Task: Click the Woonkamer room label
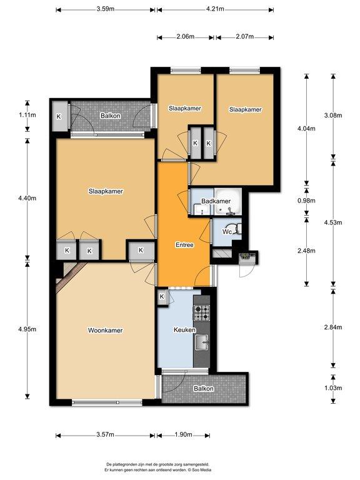[x=105, y=330]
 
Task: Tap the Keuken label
[x=184, y=330]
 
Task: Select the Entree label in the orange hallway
[x=184, y=245]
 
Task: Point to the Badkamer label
[x=216, y=201]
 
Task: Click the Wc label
[x=227, y=232]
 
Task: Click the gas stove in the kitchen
[x=201, y=312]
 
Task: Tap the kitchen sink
[x=202, y=342]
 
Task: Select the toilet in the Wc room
[x=237, y=229]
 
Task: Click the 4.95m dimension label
[x=27, y=329]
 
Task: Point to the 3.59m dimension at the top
[x=105, y=9]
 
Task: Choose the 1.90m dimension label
[x=183, y=434]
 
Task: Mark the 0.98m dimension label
[x=306, y=201]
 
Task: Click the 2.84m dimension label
[x=333, y=327]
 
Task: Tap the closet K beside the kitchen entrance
[x=162, y=297]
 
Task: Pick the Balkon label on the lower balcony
[x=204, y=389]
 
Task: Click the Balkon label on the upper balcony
[x=111, y=116]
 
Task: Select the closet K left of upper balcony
[x=59, y=116]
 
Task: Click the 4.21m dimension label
[x=215, y=9]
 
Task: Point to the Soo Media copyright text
[x=199, y=470]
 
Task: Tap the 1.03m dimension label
[x=333, y=388]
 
